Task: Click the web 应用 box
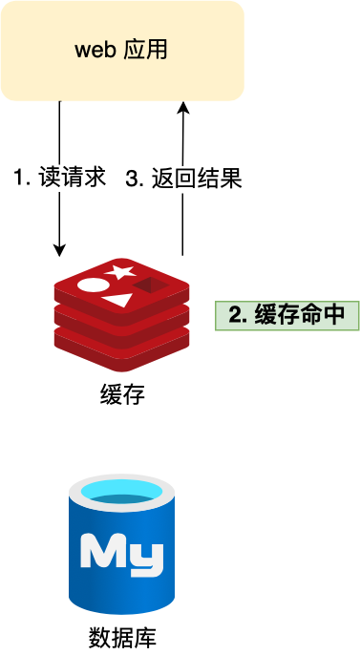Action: [x=122, y=51]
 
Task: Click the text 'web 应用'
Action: [x=121, y=50]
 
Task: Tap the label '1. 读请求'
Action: [x=59, y=178]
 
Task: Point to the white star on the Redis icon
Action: [x=119, y=271]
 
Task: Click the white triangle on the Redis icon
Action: [x=116, y=300]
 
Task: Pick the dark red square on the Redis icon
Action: [x=147, y=285]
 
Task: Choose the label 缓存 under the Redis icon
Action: [x=121, y=393]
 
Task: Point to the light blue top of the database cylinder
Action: [x=121, y=494]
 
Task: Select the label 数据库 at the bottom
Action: [x=121, y=636]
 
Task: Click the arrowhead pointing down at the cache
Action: [x=60, y=250]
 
